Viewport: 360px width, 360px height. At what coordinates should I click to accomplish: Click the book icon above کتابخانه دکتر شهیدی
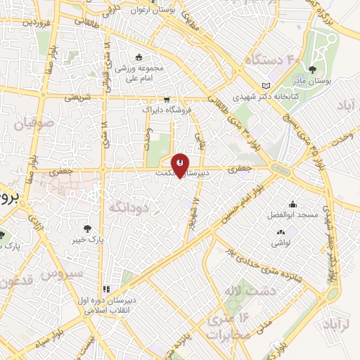pyautogui.click(x=265, y=85)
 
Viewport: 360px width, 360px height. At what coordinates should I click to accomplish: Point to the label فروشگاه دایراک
pyautogui.click(x=166, y=110)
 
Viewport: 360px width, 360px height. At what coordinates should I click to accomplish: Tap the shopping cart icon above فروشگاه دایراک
pyautogui.click(x=167, y=101)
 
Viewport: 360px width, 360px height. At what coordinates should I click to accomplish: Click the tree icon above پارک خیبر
pyautogui.click(x=87, y=229)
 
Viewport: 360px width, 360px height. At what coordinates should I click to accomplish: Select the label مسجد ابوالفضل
pyautogui.click(x=293, y=214)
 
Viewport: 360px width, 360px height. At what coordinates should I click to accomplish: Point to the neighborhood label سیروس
pyautogui.click(x=63, y=272)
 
